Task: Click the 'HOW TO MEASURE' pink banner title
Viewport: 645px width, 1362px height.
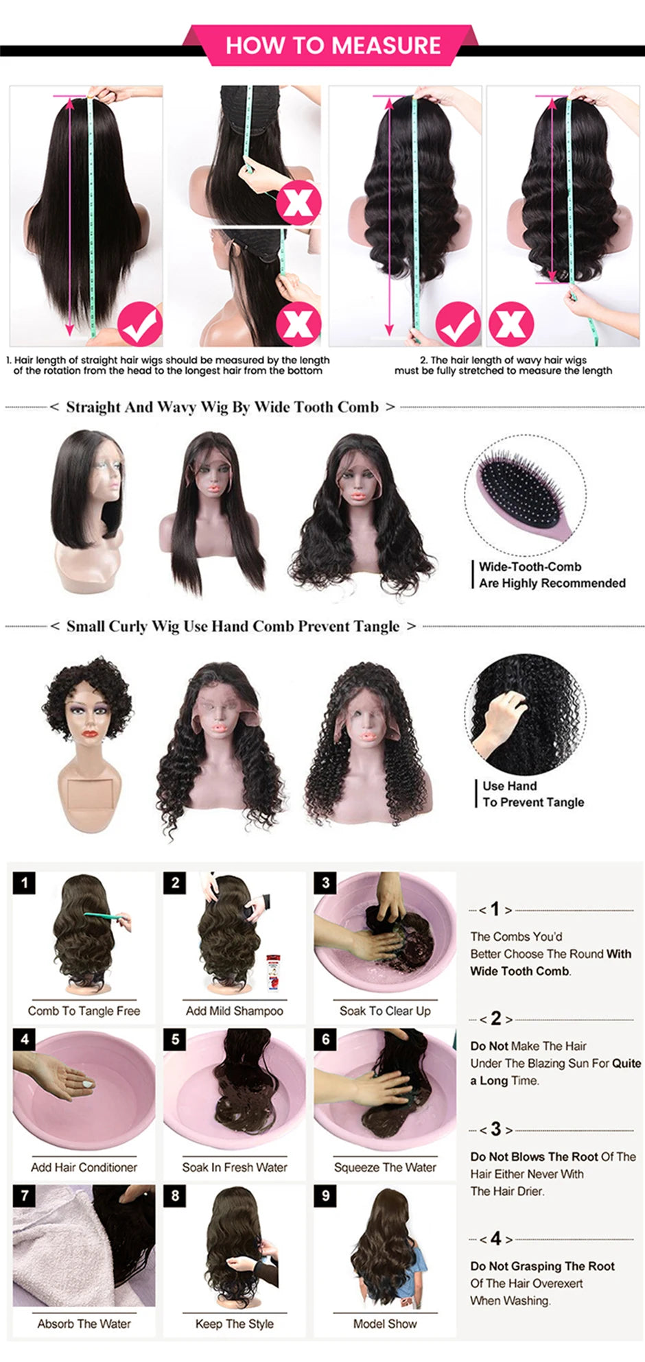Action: point(333,45)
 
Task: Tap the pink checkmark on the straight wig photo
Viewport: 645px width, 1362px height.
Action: point(139,324)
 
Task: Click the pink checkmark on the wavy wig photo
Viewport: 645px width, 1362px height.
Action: point(458,324)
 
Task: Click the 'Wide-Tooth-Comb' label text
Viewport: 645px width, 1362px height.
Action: point(530,567)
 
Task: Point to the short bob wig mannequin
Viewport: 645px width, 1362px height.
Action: point(88,507)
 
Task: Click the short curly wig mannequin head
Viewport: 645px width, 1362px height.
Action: point(88,713)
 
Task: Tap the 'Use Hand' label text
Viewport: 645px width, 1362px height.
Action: point(509,786)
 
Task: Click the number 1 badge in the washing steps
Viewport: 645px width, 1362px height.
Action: point(25,882)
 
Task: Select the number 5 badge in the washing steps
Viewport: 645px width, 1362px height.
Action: point(175,1039)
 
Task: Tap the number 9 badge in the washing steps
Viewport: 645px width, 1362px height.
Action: point(325,1195)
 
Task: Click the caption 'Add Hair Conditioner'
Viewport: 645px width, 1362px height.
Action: point(84,1167)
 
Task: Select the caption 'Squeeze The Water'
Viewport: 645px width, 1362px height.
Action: point(385,1167)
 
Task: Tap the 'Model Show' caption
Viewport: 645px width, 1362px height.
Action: point(385,1324)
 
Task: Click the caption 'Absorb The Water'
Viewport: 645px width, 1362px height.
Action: point(84,1324)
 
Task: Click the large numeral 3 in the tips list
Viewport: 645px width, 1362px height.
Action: point(495,1129)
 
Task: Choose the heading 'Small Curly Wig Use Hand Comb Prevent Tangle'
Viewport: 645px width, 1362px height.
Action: point(233,626)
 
